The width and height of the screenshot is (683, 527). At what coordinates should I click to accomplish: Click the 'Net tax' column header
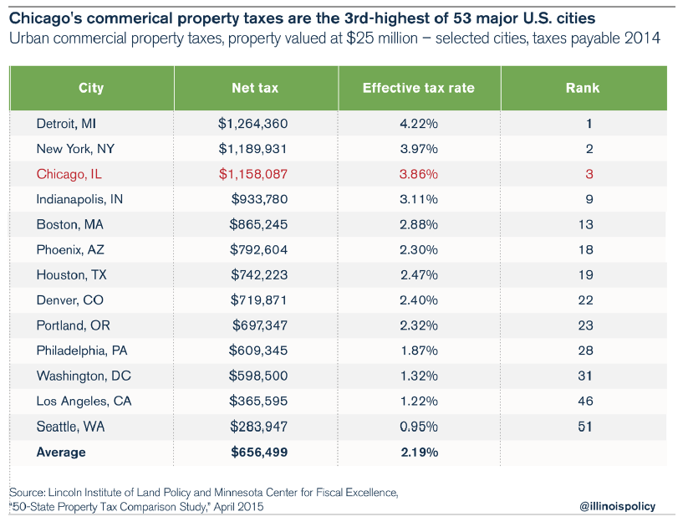255,88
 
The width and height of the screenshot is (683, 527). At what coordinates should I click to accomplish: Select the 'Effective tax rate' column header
419,88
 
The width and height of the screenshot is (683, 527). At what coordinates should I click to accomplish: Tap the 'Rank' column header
582,88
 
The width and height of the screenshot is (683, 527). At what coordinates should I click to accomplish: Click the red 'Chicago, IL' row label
69,174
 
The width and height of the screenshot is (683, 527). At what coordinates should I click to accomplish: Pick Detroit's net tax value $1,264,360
252,124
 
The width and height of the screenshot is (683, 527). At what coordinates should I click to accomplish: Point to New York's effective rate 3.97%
419,149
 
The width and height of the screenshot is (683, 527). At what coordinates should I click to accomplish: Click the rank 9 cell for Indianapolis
589,199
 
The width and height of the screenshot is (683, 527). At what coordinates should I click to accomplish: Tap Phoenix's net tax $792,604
259,249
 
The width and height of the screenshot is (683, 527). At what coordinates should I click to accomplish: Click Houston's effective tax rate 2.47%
419,274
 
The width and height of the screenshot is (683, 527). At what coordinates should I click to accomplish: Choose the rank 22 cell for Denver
585,299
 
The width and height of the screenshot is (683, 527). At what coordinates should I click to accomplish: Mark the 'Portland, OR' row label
73,325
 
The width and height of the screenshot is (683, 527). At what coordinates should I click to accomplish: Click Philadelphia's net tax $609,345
259,350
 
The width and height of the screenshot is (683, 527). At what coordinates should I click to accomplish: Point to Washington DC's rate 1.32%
419,376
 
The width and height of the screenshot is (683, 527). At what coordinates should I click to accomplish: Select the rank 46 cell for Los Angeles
585,401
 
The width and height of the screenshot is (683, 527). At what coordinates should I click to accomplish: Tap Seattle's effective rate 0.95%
419,427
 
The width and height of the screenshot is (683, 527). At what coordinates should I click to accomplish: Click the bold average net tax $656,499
259,452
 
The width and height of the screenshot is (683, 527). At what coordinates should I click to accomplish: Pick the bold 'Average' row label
61,452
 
